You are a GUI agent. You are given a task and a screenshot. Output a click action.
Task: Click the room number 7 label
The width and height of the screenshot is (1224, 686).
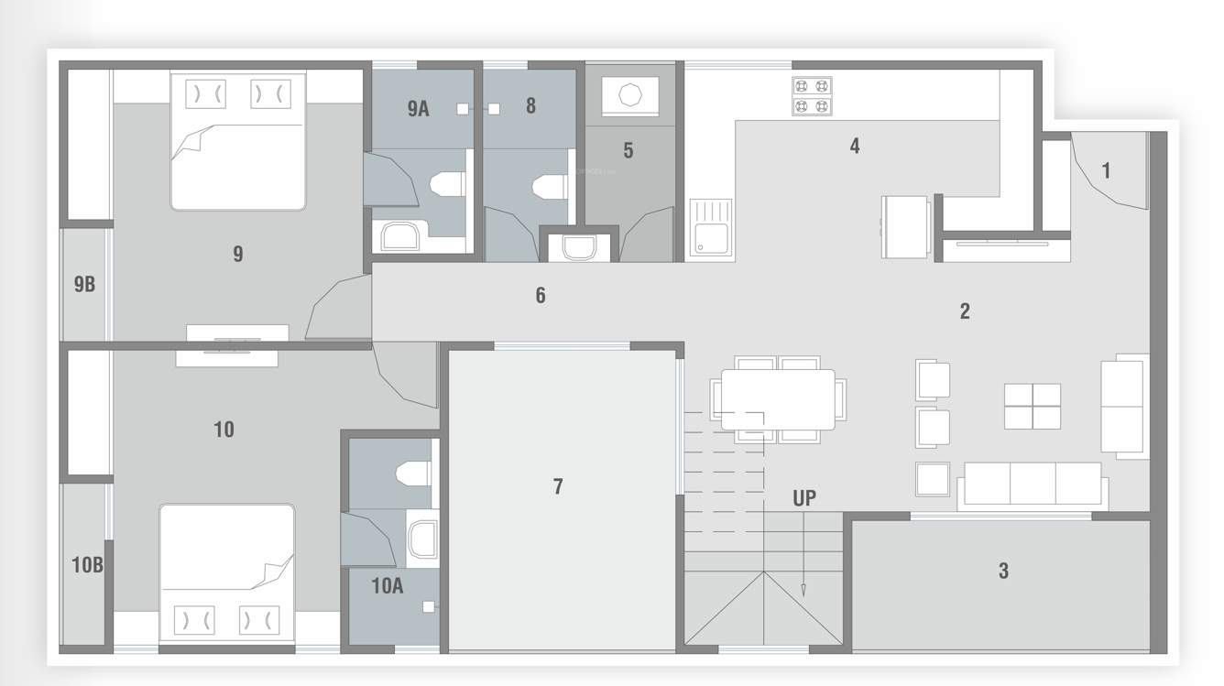point(558,486)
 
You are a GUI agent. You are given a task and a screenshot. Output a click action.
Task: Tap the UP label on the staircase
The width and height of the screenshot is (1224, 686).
point(804,499)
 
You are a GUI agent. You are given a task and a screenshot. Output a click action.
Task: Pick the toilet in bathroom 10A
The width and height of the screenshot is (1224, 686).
point(410,474)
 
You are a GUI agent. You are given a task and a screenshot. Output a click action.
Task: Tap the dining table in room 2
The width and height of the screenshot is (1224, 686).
point(778,398)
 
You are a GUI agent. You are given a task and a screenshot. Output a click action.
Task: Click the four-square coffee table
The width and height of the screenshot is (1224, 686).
point(1033,406)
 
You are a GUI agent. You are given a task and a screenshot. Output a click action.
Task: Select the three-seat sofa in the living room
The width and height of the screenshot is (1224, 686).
point(1033,485)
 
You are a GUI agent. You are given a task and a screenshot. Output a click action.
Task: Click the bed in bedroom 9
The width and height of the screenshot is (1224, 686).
point(237,142)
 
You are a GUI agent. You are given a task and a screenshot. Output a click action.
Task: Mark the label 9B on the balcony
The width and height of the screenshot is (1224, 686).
point(84,284)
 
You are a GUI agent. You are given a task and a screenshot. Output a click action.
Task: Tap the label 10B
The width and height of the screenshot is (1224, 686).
point(87,565)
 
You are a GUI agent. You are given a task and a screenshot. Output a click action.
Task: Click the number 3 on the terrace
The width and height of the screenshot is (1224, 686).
point(1003,571)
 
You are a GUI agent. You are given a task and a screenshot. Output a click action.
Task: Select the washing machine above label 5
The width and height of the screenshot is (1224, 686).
point(629,95)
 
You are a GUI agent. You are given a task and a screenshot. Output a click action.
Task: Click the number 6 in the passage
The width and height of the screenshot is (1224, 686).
point(541,295)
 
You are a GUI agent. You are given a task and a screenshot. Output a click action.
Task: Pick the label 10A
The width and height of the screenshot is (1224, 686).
point(387,586)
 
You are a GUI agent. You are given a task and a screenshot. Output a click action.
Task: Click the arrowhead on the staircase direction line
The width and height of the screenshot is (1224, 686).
point(803,590)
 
